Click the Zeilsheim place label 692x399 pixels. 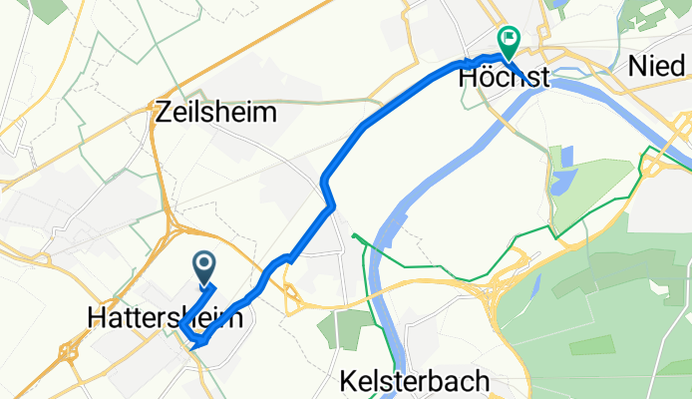coord(216,113)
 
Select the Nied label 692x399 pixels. coord(660,66)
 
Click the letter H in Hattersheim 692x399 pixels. coord(98,317)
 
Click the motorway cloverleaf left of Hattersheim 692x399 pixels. coord(69,351)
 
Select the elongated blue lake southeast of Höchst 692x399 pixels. coord(566,161)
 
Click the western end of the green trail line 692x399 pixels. coord(354,235)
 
